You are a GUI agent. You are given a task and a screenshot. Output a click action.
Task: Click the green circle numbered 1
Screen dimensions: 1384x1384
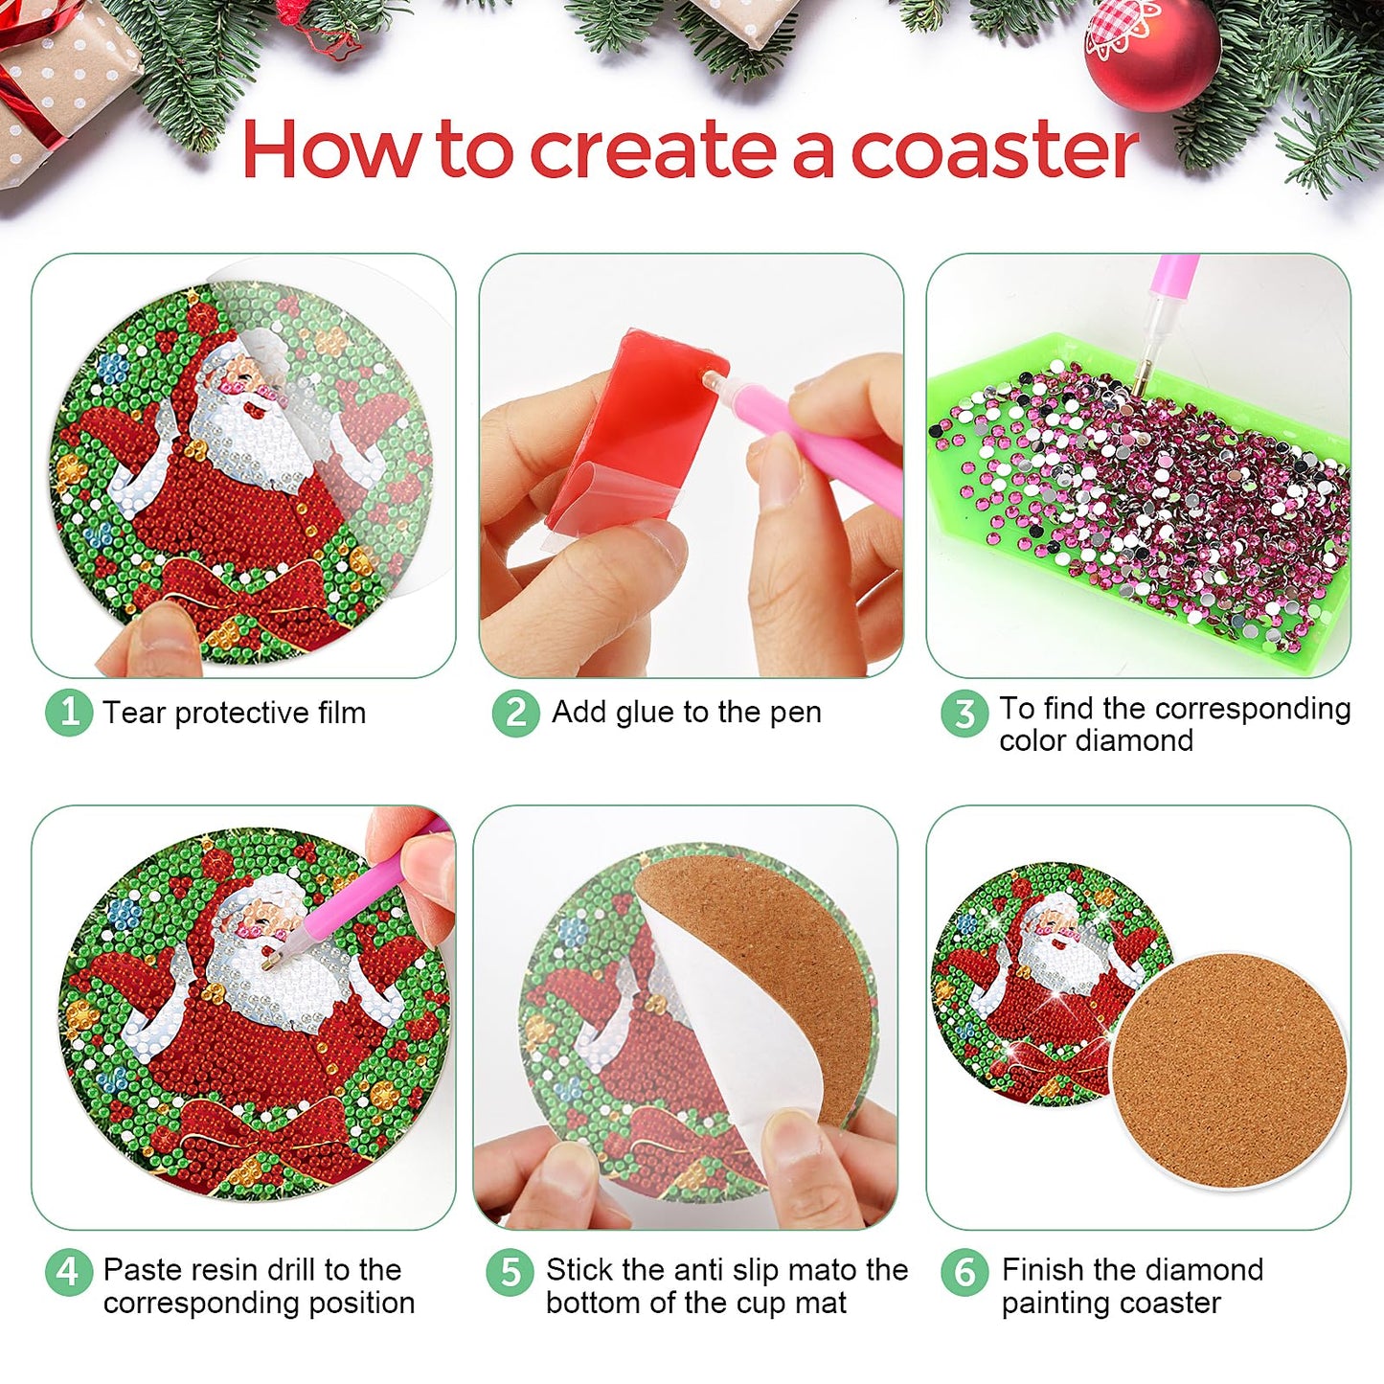point(69,713)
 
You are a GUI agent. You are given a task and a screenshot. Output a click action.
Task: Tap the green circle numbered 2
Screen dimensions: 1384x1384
point(515,713)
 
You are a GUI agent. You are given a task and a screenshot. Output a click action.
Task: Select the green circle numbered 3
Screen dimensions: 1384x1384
point(964,713)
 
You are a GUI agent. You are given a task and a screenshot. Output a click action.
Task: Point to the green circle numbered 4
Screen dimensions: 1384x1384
point(69,1273)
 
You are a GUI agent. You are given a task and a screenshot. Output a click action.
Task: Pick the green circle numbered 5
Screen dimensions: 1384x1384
point(510,1273)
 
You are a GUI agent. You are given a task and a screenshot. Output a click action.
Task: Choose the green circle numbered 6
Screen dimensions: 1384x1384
point(964,1273)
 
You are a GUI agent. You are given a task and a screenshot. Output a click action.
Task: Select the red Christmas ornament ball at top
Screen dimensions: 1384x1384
point(1151,53)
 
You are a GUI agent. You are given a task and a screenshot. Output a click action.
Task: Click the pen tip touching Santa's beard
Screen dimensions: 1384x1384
point(266,964)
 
